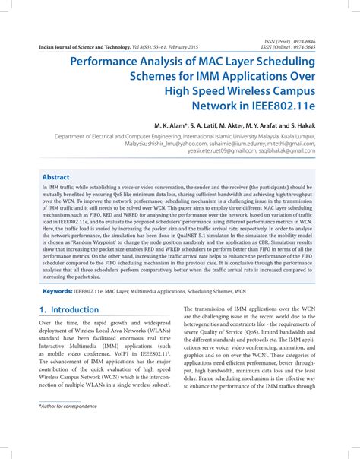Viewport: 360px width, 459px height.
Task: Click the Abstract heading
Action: click(x=56, y=176)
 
